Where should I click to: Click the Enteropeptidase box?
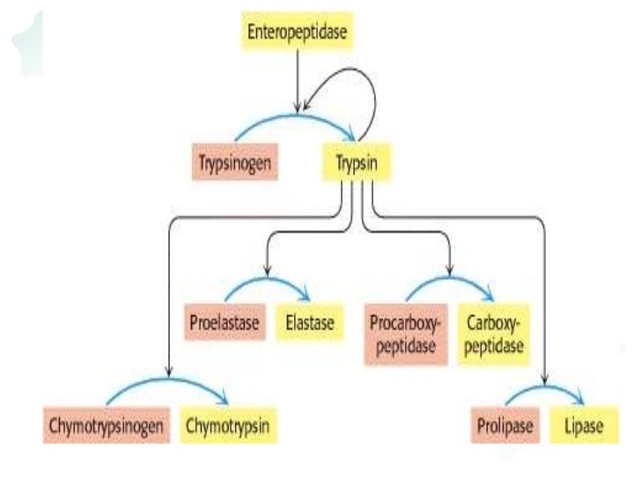[298, 33]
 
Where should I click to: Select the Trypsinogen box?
[234, 163]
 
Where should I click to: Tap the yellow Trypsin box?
[357, 163]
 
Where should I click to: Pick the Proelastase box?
[225, 323]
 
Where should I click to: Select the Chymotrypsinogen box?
[107, 426]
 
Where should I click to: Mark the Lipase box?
[582, 426]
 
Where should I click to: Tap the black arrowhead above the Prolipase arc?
[546, 380]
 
